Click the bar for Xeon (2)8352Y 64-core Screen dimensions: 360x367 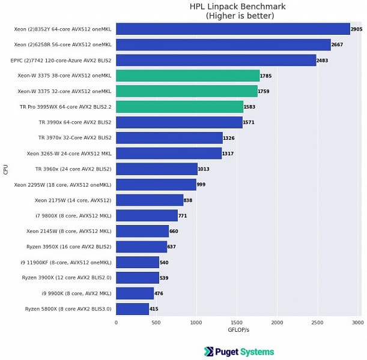232,29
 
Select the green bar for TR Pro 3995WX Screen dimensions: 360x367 180,107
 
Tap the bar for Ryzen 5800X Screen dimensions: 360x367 132,309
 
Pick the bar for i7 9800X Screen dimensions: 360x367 147,215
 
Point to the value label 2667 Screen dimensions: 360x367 337,44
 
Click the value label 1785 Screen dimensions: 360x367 265,76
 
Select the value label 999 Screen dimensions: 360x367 201,185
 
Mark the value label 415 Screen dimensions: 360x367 154,309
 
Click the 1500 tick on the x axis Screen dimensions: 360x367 237,323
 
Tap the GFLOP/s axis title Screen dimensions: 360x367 238,331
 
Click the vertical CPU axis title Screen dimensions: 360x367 6,169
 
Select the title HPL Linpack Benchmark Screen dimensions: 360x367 238,7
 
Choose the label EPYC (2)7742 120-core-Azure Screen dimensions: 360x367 61,60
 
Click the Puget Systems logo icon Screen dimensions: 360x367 209,352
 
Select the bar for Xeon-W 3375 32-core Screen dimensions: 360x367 186,91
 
